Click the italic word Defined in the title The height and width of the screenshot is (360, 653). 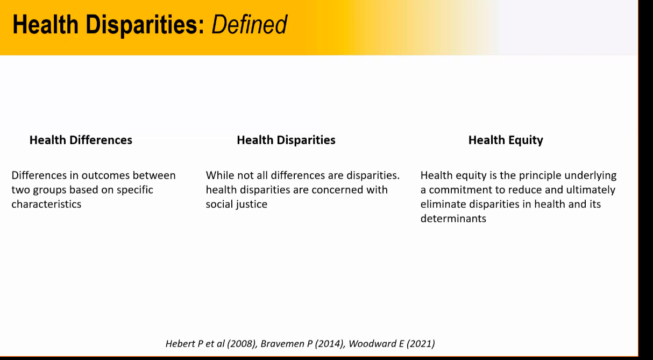pyautogui.click(x=249, y=25)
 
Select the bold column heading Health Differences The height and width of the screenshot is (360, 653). pyautogui.click(x=81, y=140)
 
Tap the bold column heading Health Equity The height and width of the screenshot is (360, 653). pyautogui.click(x=506, y=140)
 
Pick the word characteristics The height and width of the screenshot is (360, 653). pyautogui.click(x=46, y=204)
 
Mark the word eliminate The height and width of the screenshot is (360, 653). pyautogui.click(x=443, y=204)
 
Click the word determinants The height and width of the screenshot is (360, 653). pyautogui.click(x=453, y=218)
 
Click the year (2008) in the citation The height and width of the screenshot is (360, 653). pyautogui.click(x=242, y=344)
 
